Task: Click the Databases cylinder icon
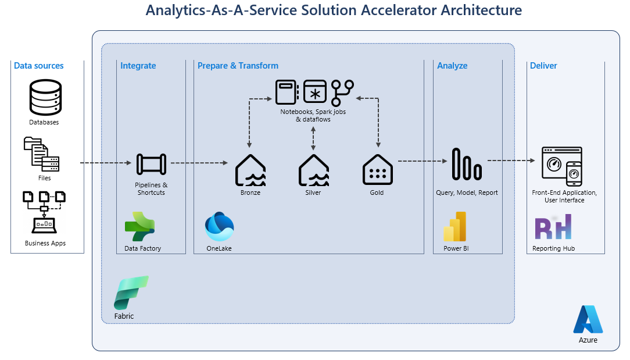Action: (x=45, y=98)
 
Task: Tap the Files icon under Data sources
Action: (x=42, y=154)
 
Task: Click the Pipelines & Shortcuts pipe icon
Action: (x=151, y=164)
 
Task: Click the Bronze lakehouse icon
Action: (x=250, y=170)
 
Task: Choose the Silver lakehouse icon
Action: (x=314, y=170)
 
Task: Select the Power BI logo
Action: (x=456, y=226)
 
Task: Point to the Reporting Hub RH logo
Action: (x=553, y=227)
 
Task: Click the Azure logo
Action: (x=588, y=319)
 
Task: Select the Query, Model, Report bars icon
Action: (x=467, y=164)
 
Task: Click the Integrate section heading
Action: (x=138, y=66)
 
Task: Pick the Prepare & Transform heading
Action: (x=238, y=66)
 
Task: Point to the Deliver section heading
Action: (x=543, y=66)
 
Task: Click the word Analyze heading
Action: (x=452, y=66)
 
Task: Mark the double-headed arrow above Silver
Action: (x=314, y=138)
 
